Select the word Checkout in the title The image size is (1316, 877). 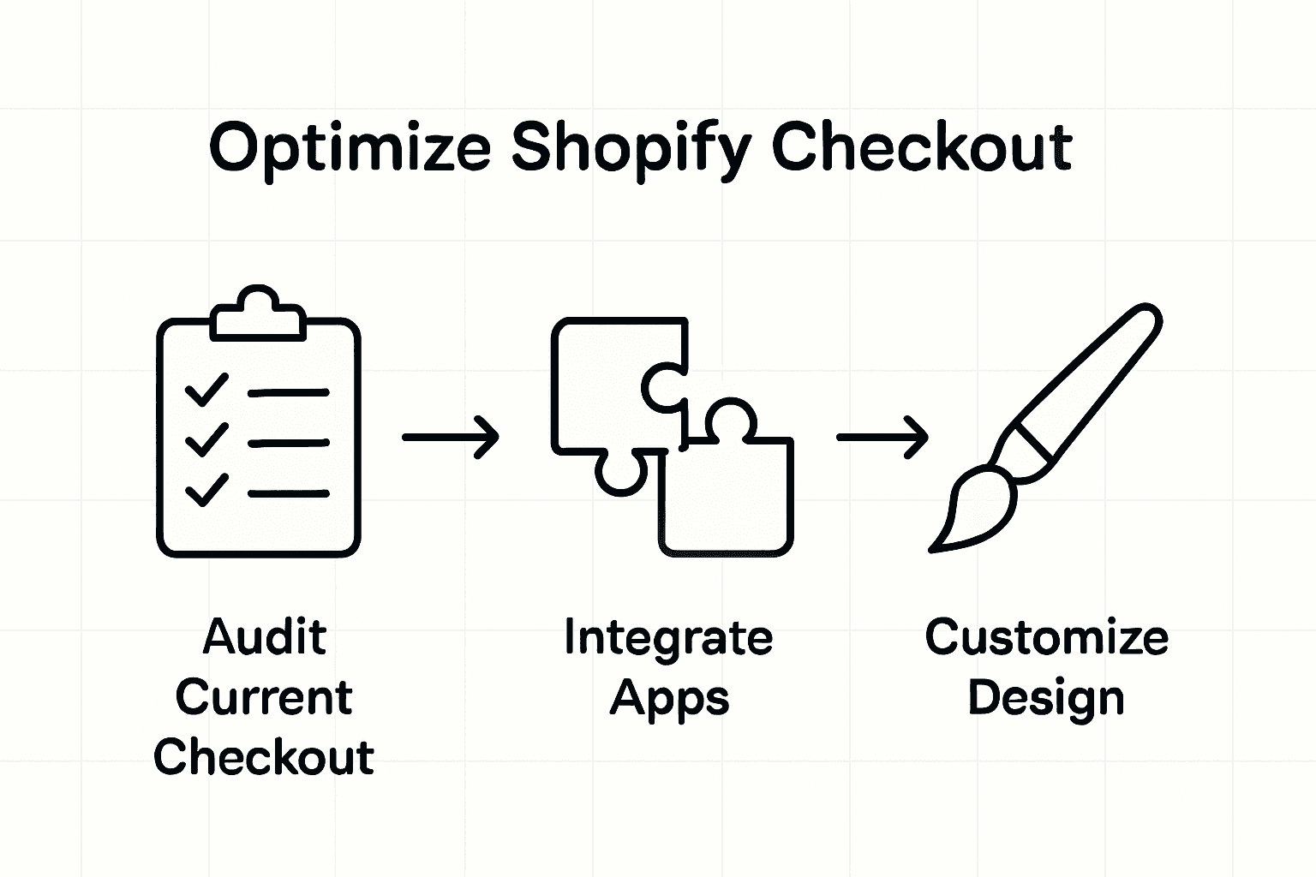(921, 147)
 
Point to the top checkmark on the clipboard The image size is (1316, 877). (206, 391)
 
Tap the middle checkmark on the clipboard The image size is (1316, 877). (206, 440)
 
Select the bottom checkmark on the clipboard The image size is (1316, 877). (206, 491)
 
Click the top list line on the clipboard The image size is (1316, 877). (288, 393)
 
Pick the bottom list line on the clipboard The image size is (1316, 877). (288, 493)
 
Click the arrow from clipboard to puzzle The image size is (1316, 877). (451, 437)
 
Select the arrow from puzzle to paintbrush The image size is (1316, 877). (882, 437)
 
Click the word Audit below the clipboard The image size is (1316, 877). (265, 637)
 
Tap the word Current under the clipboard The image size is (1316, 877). (264, 697)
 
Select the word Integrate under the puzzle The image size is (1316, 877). (668, 638)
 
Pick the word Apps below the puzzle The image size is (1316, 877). (669, 699)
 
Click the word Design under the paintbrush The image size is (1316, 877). (1045, 697)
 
